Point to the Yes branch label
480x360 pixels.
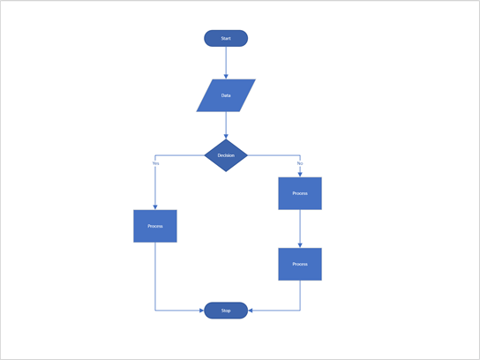click(x=155, y=163)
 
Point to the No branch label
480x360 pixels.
click(x=300, y=163)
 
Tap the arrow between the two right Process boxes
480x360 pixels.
click(x=300, y=228)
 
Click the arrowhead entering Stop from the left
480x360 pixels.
click(x=201, y=311)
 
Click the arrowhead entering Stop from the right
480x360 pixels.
click(x=251, y=311)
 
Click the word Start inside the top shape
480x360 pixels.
click(x=226, y=39)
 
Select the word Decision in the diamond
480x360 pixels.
click(x=226, y=155)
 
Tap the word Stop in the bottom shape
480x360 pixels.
click(x=226, y=311)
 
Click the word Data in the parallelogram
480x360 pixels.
click(x=226, y=95)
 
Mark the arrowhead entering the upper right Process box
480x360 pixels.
click(x=300, y=174)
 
